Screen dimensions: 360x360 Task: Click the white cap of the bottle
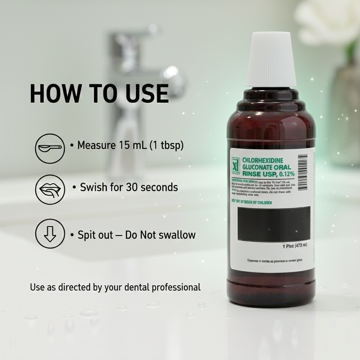coord(271,60)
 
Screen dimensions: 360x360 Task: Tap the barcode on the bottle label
coord(302,172)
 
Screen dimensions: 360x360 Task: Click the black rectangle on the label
coord(274,224)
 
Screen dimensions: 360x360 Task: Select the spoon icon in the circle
coord(50,148)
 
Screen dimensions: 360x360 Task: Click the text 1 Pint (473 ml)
coord(295,246)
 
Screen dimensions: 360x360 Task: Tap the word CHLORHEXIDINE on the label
coord(263,160)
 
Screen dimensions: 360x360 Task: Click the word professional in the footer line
coord(176,287)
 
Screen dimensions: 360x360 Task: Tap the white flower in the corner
coord(327,21)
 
